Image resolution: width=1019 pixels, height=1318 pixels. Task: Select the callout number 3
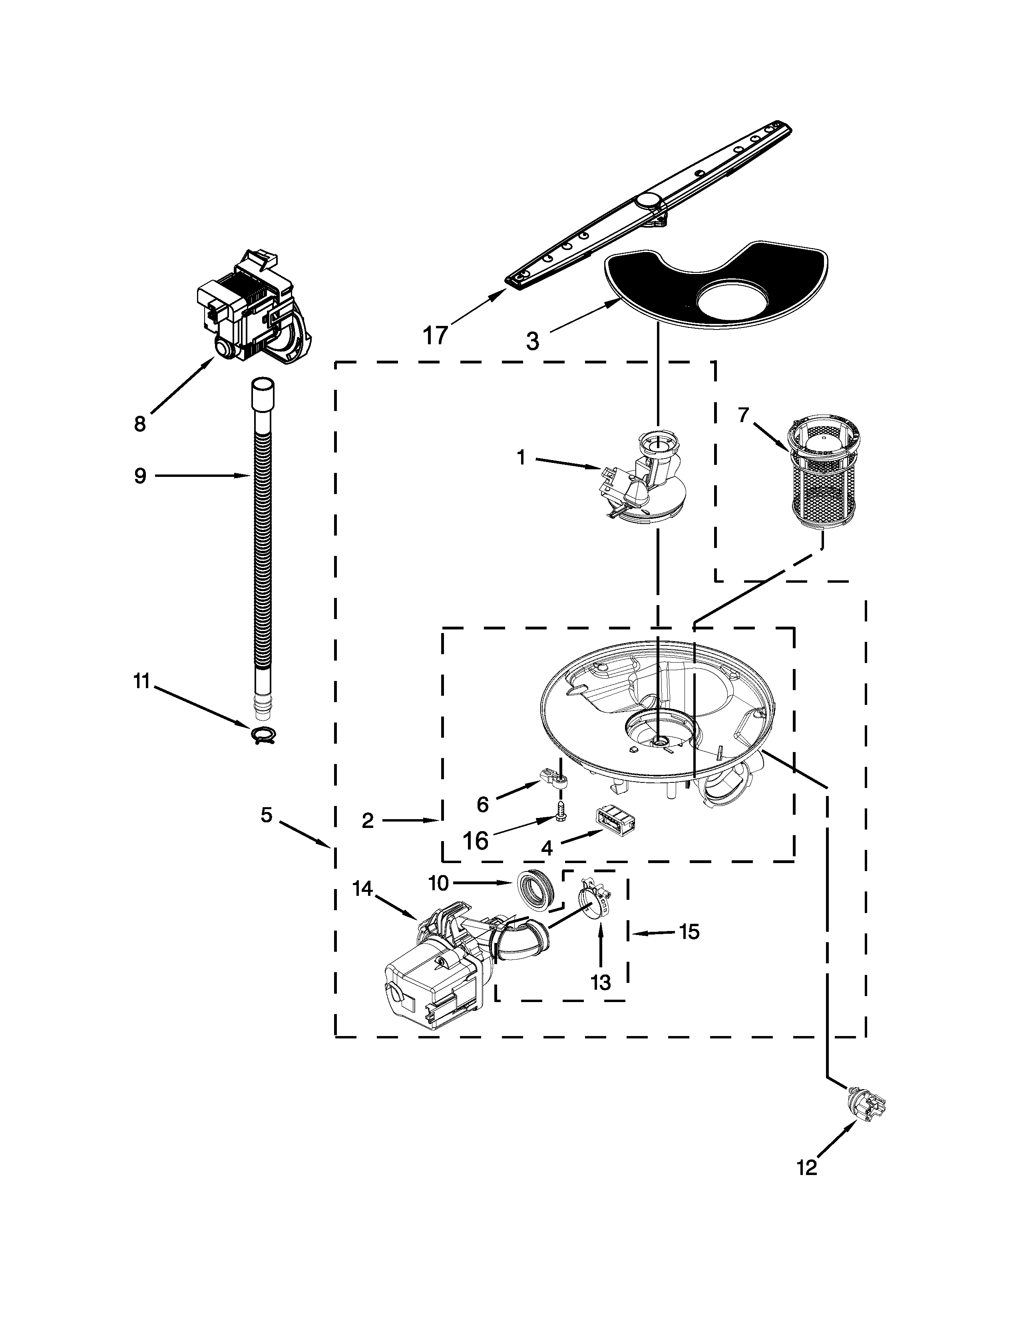point(532,341)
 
